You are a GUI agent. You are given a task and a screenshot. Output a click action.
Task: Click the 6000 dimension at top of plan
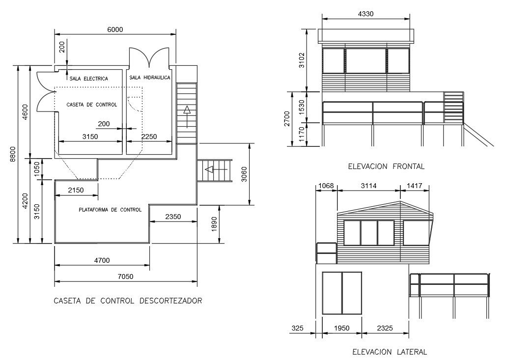point(115,29)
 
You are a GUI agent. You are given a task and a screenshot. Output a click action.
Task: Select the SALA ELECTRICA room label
point(88,79)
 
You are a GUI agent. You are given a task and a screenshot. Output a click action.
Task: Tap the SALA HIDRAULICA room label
point(150,78)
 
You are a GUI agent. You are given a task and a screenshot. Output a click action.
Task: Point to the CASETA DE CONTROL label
point(92,105)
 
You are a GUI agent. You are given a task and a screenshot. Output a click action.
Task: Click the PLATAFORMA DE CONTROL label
point(110,210)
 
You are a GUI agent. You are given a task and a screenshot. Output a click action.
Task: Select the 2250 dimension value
point(149,137)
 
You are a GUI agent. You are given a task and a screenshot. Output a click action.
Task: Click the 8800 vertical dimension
point(13,154)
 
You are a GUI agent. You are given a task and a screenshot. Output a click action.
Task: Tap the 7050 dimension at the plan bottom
point(126,277)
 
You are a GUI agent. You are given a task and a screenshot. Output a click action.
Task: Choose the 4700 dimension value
point(102,260)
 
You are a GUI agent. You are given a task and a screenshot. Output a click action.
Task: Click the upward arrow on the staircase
point(187,115)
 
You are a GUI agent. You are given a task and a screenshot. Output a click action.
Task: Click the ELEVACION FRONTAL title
point(386,166)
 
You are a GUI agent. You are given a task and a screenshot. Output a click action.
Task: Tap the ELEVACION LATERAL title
point(390,352)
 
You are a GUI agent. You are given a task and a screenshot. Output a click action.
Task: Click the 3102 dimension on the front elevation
point(301,60)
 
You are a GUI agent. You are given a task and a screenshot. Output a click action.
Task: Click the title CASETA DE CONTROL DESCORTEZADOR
point(128,301)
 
